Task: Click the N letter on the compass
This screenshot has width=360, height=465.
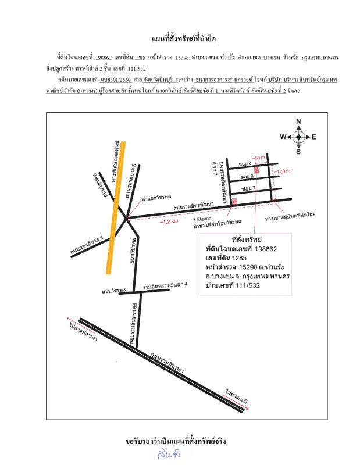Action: (298, 121)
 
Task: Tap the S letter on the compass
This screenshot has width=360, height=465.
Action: (298, 152)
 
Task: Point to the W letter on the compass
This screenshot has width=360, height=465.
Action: (283, 137)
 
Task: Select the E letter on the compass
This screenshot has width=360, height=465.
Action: (313, 137)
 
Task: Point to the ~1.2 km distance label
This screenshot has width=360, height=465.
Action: (170, 221)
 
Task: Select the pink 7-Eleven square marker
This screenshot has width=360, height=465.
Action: (234, 201)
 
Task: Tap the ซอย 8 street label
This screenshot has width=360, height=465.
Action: (245, 176)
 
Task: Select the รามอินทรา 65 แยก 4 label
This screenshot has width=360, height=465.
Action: (166, 285)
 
